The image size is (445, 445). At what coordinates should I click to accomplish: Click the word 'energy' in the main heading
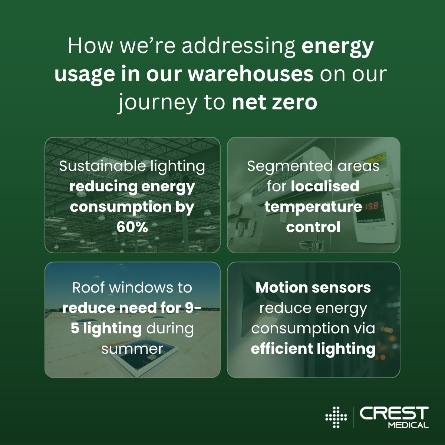tap(337, 46)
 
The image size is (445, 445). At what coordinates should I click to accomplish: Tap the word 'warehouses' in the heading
tap(251, 74)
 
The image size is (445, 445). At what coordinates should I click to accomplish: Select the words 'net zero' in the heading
tap(274, 102)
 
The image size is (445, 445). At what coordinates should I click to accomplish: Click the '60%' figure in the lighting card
tap(132, 227)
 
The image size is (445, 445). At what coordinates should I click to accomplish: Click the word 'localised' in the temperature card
tap(325, 186)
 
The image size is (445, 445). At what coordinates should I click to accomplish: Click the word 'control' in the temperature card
tap(313, 227)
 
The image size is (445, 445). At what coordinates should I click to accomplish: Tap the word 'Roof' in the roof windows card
tap(88, 287)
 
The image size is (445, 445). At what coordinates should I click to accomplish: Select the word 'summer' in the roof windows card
tap(132, 349)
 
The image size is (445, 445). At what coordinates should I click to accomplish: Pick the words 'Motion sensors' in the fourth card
tap(313, 287)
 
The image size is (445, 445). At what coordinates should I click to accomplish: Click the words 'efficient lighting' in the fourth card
tap(313, 349)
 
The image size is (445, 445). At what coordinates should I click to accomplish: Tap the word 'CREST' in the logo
tap(394, 414)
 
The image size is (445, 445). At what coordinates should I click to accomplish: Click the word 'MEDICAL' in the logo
tap(408, 425)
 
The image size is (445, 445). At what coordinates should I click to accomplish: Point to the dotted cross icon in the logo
tap(336, 418)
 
